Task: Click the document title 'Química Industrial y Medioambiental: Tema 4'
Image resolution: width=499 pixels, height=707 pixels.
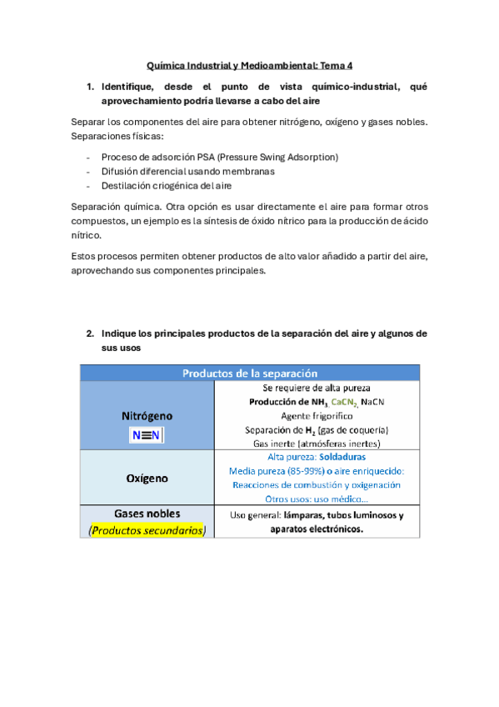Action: tap(249, 64)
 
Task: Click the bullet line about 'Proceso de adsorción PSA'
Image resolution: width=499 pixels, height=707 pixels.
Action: tap(219, 157)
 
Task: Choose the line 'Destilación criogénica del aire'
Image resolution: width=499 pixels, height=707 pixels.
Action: tap(166, 185)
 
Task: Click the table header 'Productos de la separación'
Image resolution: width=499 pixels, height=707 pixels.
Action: tap(249, 373)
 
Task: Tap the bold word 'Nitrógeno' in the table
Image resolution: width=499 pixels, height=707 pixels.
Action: tap(147, 414)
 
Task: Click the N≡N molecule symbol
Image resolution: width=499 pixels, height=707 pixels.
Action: tap(147, 435)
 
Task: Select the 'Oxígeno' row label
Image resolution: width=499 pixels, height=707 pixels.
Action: tap(147, 479)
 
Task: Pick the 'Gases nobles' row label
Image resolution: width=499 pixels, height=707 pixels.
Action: tap(147, 514)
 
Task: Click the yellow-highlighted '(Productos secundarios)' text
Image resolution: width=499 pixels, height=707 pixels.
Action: tap(147, 530)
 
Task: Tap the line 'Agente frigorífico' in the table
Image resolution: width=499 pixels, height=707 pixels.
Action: tap(317, 415)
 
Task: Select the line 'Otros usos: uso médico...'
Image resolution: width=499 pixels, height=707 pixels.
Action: tap(317, 499)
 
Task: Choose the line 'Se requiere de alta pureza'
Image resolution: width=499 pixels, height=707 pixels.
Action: tap(317, 388)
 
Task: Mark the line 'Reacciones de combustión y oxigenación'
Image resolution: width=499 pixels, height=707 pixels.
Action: tap(317, 484)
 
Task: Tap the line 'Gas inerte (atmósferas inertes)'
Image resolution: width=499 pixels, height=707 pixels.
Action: tap(317, 444)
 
